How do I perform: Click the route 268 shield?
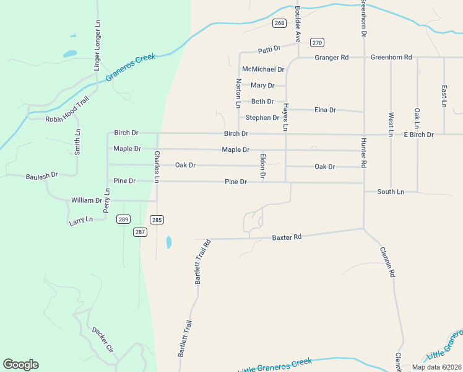(280, 23)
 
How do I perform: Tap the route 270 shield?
(318, 42)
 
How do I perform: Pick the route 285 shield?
(157, 219)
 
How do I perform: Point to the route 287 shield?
(141, 232)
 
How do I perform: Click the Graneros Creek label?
(130, 68)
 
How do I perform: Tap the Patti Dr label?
(269, 48)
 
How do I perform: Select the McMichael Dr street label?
(263, 69)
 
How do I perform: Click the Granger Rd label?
(332, 58)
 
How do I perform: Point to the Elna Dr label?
(325, 110)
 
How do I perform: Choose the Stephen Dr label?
(262, 117)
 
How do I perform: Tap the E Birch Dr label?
(419, 135)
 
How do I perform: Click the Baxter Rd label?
(287, 237)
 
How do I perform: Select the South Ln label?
(391, 192)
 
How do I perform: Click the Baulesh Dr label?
(41, 176)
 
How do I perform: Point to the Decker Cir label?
(103, 339)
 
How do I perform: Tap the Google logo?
(20, 365)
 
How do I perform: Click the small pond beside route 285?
(168, 242)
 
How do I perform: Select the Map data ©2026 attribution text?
(436, 367)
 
